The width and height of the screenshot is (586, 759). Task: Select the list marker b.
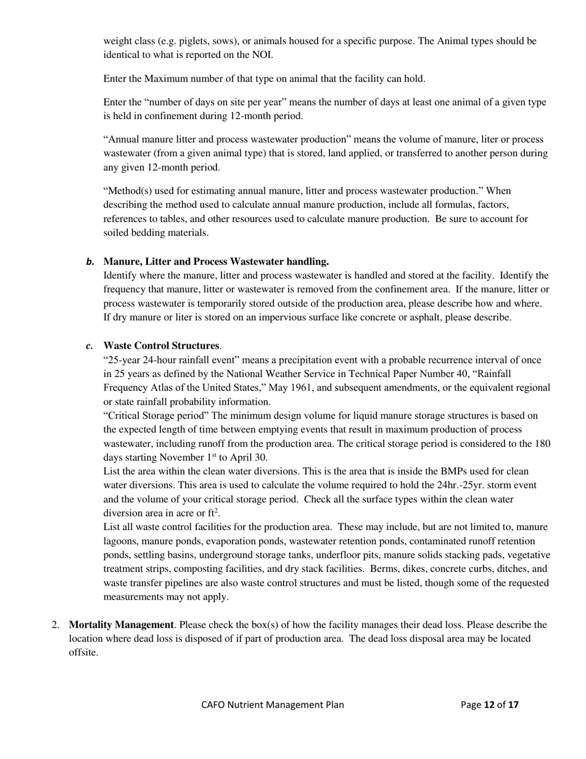click(90, 262)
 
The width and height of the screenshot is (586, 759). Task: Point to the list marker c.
click(90, 346)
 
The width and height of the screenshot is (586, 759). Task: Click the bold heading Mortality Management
click(121, 624)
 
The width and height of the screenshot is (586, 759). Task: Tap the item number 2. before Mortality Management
click(56, 624)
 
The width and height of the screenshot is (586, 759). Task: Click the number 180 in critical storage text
click(542, 444)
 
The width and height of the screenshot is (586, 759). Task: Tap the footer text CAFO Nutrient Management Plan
click(272, 705)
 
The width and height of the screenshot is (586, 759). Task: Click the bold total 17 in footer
click(513, 705)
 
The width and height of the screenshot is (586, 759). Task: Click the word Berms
click(385, 569)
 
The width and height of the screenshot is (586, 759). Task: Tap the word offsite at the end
click(83, 652)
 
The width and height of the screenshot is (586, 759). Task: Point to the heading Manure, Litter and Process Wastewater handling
click(216, 262)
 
